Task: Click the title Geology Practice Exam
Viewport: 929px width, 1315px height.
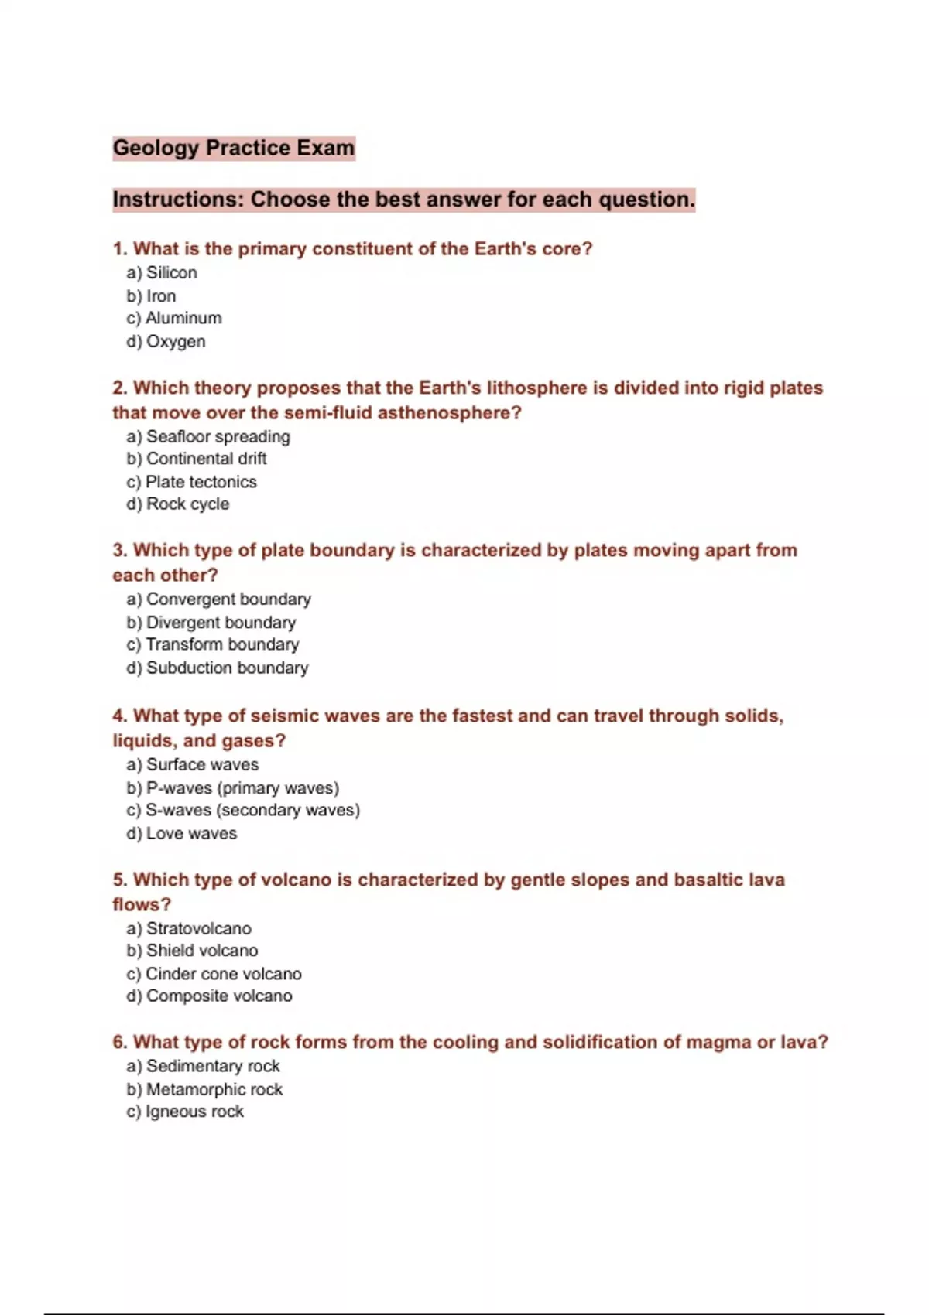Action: [x=233, y=148]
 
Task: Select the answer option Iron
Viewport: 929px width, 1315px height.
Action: [x=160, y=295]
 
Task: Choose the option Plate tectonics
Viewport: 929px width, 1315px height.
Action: [x=201, y=481]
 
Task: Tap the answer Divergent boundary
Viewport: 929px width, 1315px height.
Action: [x=221, y=622]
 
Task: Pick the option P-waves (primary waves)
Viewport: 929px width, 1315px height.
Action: [x=242, y=787]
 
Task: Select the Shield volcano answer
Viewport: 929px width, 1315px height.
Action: [x=201, y=950]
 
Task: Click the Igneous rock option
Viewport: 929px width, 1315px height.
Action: [x=194, y=1111]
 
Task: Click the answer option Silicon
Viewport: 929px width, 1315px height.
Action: [x=171, y=272]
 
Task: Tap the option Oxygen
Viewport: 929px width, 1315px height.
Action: [x=175, y=341]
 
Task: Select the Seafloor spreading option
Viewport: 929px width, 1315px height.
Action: [x=218, y=436]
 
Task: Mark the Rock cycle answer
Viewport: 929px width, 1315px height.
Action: [x=187, y=504]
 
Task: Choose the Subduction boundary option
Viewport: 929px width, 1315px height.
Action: [x=227, y=667]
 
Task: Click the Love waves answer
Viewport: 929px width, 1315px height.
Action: [x=191, y=833]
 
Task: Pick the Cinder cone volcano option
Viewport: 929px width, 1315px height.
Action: [x=223, y=973]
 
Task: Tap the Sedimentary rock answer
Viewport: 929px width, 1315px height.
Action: [x=213, y=1065]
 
